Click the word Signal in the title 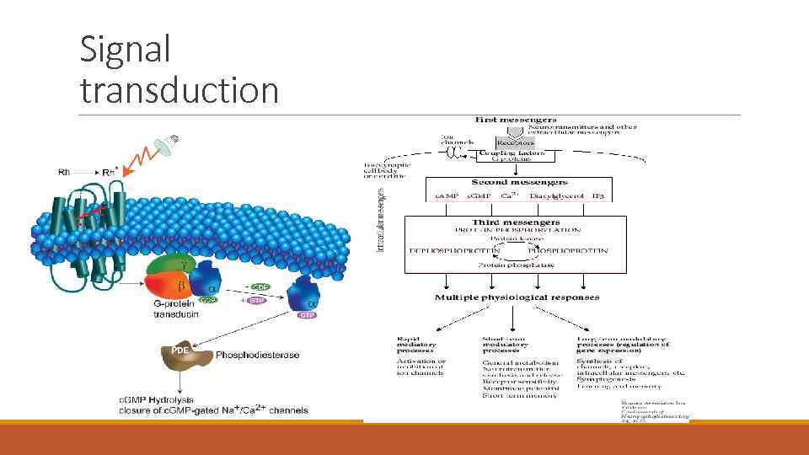pos(125,49)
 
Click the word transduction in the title pos(179,90)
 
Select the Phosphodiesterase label pos(257,355)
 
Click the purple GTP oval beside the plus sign pos(256,299)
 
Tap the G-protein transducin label pos(179,308)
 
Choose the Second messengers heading pos(519,182)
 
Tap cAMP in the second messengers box pos(445,196)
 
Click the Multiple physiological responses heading pos(517,297)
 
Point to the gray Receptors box pos(514,143)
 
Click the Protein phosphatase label pos(517,265)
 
